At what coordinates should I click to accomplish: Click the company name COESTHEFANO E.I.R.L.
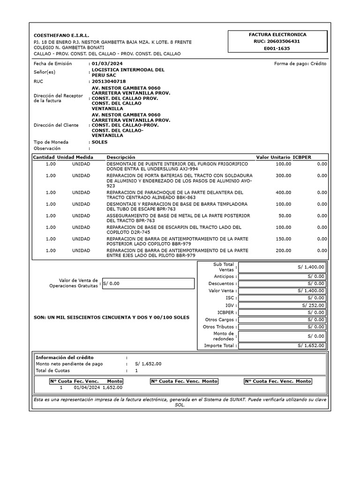tap(61, 36)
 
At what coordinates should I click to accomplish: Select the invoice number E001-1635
tap(277, 48)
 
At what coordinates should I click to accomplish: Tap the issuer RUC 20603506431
tap(277, 41)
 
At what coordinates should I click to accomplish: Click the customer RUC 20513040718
tap(109, 81)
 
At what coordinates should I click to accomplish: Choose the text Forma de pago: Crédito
tap(300, 64)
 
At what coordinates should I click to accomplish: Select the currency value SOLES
tap(99, 142)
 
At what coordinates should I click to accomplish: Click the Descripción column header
tap(121, 157)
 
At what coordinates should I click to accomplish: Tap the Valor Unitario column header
tap(273, 157)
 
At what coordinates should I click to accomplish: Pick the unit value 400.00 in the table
tap(283, 192)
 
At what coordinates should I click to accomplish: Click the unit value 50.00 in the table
tap(285, 216)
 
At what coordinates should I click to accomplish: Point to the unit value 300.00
tap(283, 175)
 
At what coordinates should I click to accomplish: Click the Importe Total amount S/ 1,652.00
tap(310, 345)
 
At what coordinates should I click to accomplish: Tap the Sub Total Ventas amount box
tap(281, 267)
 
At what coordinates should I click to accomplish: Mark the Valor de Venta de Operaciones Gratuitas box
tap(148, 283)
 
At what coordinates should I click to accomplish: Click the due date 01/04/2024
tap(87, 388)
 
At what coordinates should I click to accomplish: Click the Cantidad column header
tap(44, 157)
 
